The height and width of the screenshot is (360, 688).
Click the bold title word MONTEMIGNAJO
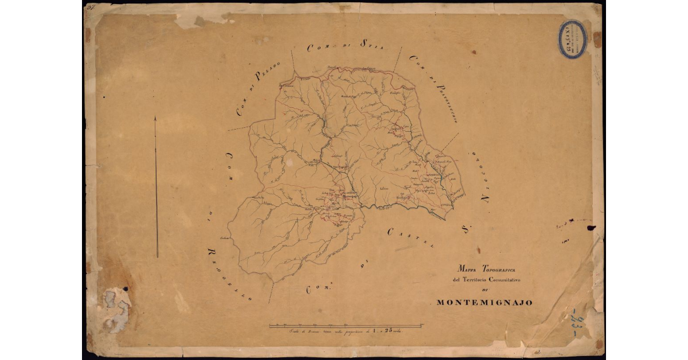point(484,302)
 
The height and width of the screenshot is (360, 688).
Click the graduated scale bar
point(346,326)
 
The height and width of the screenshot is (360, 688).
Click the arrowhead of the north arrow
point(155,119)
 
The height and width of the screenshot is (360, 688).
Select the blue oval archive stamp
point(572,39)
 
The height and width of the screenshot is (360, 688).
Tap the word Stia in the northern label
point(371,44)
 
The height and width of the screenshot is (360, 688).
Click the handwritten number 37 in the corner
point(90,7)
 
